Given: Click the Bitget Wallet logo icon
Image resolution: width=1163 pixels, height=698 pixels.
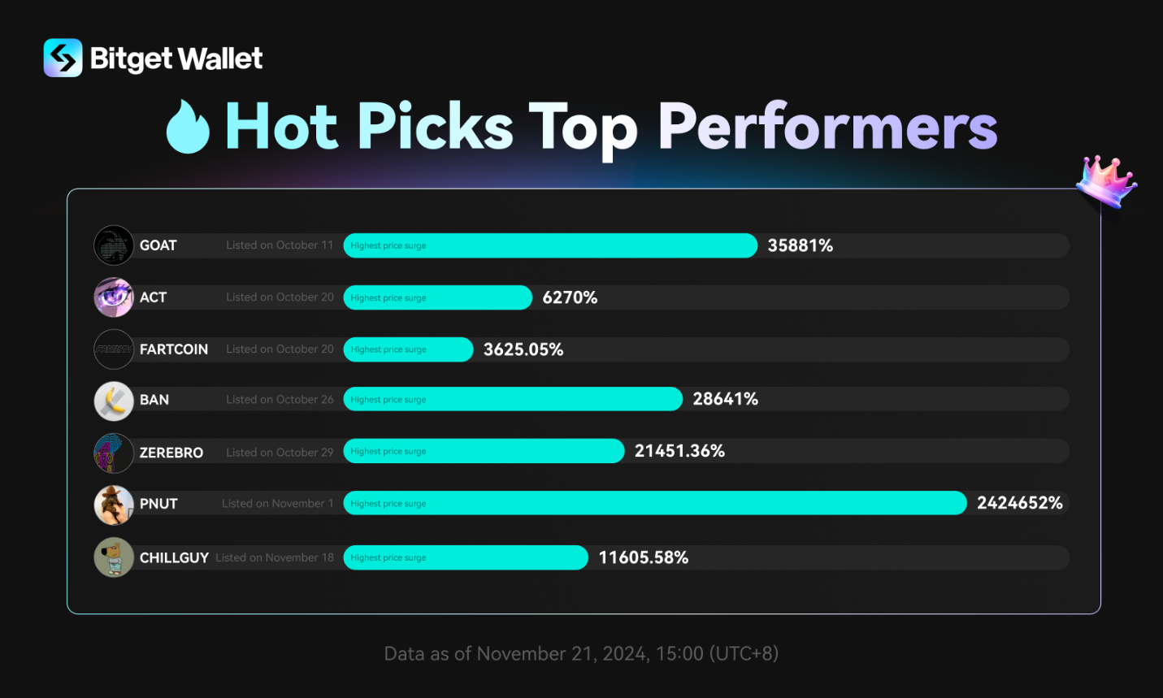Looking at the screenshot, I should pyautogui.click(x=63, y=58).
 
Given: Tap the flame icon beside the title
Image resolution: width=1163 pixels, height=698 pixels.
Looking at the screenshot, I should pyautogui.click(x=188, y=128).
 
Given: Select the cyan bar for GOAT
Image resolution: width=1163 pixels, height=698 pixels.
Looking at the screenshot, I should pyautogui.click(x=550, y=245).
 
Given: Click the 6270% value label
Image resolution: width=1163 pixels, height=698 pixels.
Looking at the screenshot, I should pyautogui.click(x=570, y=297).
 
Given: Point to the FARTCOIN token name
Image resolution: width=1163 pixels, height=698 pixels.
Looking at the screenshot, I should pyautogui.click(x=174, y=349).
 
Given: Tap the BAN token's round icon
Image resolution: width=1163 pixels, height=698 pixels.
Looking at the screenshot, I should pyautogui.click(x=114, y=401).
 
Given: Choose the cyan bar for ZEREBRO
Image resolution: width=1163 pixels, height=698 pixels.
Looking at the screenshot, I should pyautogui.click(x=484, y=451).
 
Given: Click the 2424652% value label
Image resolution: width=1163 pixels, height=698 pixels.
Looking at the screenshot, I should pyautogui.click(x=1019, y=503).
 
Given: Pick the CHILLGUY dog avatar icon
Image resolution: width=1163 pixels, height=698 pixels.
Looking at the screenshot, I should pyautogui.click(x=114, y=557).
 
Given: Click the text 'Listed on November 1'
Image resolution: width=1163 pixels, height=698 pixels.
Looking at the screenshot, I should pyautogui.click(x=277, y=504).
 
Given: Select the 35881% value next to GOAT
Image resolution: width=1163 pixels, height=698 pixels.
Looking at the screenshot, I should pyautogui.click(x=800, y=245).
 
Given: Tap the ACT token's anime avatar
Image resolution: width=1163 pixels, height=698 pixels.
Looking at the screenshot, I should pyautogui.click(x=114, y=297).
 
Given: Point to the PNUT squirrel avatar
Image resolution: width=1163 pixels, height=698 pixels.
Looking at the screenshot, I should pyautogui.click(x=114, y=505).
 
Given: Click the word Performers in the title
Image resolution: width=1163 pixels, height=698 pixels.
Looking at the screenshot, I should pyautogui.click(x=827, y=128).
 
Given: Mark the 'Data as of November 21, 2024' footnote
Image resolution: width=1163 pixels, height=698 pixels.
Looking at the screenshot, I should pyautogui.click(x=581, y=653).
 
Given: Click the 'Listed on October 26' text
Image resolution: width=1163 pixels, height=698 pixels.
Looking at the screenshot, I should pyautogui.click(x=280, y=400).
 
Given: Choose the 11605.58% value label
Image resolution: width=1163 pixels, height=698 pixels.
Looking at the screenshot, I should pyautogui.click(x=643, y=557).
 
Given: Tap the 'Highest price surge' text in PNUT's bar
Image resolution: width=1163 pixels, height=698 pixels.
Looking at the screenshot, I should pyautogui.click(x=388, y=504).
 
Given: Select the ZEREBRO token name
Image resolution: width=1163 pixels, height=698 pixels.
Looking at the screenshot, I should pyautogui.click(x=171, y=453).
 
